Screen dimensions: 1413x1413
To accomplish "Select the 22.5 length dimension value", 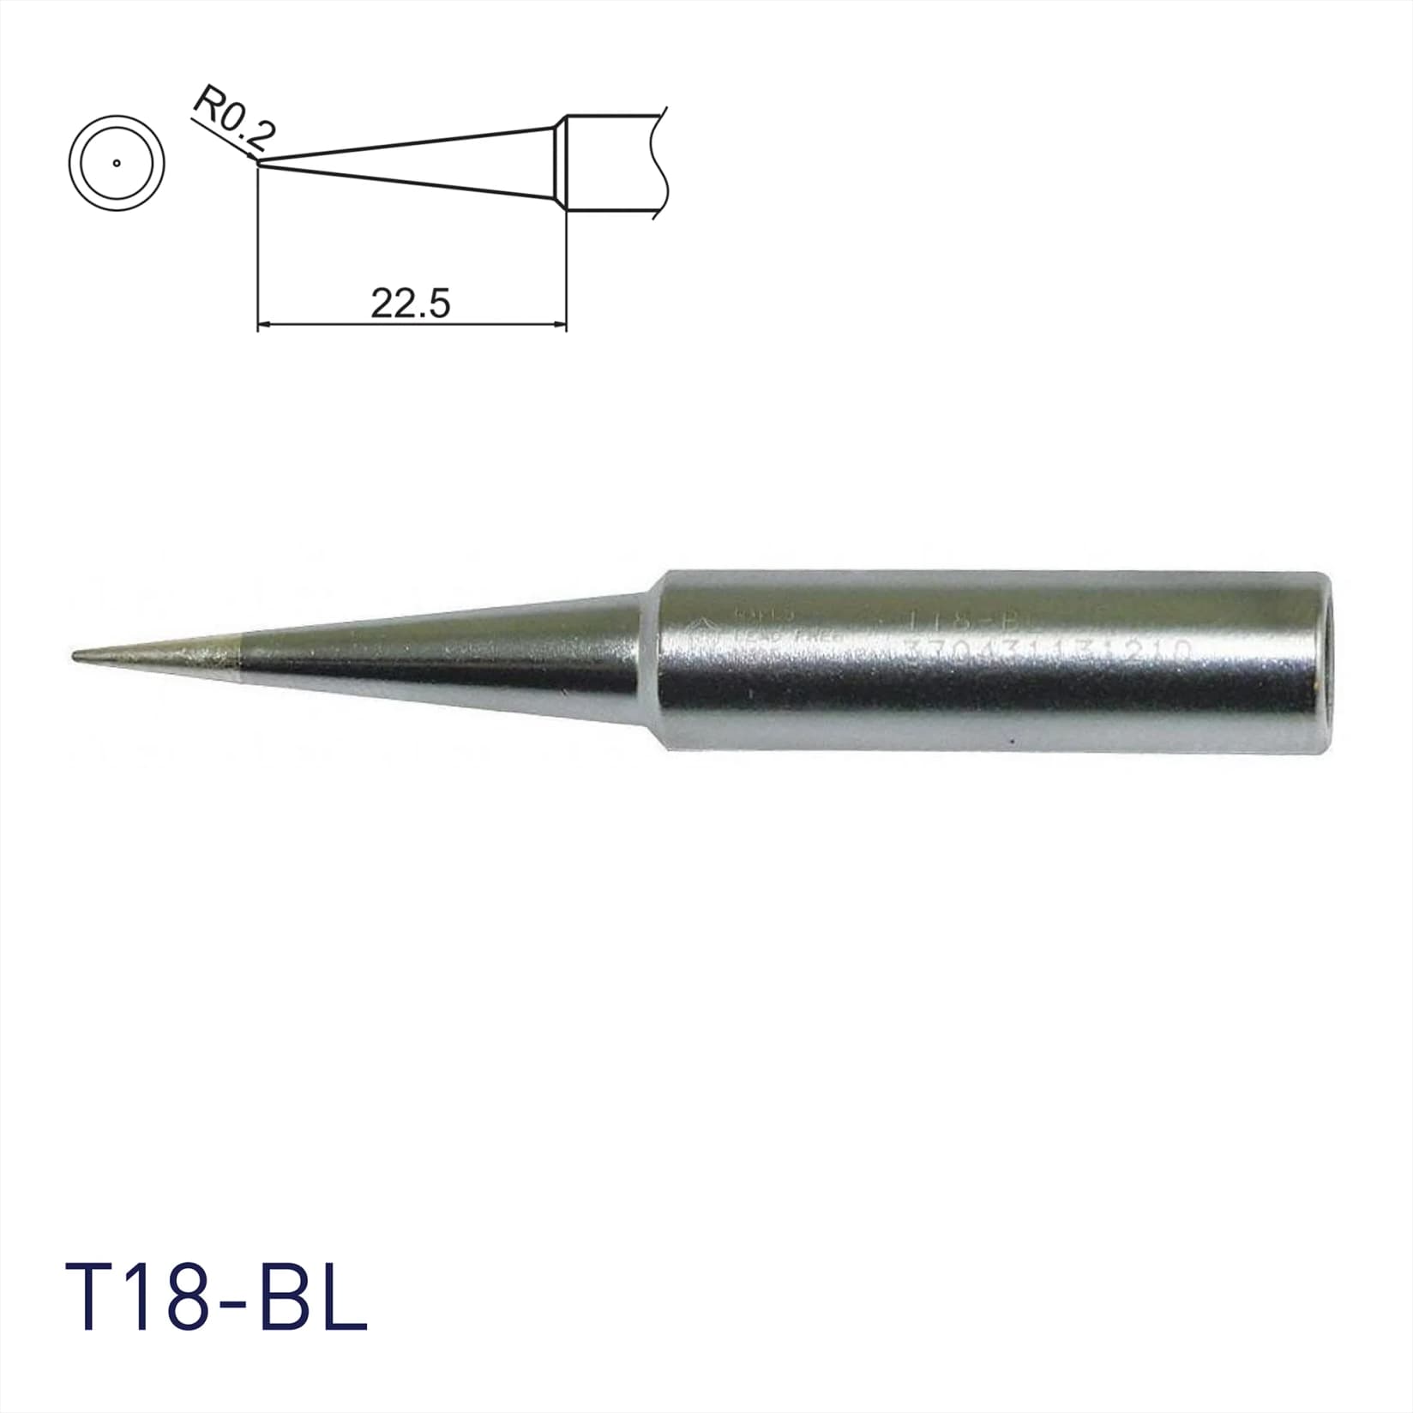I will click(x=410, y=304).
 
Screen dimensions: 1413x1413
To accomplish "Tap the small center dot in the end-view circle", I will click(x=116, y=163).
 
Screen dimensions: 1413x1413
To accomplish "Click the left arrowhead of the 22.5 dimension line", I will click(x=265, y=325).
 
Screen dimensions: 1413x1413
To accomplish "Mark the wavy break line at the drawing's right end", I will click(x=658, y=163).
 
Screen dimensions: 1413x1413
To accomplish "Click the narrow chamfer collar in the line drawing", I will click(x=559, y=164).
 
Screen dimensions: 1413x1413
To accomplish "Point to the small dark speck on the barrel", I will click(x=1013, y=740).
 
